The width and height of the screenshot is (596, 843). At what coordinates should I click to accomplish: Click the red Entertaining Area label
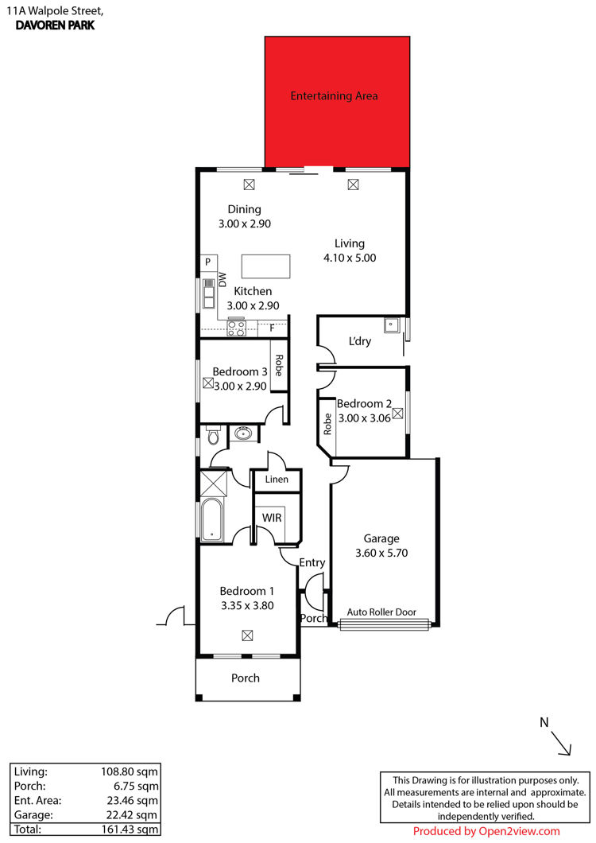point(334,95)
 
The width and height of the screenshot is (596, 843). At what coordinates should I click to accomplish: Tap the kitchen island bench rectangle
point(265,266)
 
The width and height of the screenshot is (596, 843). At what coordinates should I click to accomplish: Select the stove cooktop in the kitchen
point(237,328)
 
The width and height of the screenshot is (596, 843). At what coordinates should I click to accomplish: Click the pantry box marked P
point(208,262)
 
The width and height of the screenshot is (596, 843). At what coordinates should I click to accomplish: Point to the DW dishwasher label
point(223,280)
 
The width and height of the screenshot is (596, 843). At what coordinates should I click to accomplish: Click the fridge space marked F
point(272,328)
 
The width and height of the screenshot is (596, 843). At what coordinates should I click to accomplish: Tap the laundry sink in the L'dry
point(391,324)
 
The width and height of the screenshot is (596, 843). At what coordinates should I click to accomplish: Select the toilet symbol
point(213,436)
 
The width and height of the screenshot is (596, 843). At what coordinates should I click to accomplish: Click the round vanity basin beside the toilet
point(243,433)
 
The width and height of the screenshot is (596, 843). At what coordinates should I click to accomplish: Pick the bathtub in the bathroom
point(212,519)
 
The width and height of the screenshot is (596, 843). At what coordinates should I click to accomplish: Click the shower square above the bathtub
point(214,483)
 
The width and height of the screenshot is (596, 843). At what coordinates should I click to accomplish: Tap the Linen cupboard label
point(277,479)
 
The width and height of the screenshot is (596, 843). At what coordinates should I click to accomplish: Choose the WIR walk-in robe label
point(272,518)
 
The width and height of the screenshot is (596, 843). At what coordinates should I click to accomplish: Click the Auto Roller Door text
point(381,612)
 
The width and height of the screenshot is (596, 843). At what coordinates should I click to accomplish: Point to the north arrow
point(561,744)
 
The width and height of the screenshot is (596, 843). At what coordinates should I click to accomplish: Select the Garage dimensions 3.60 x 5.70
point(381,553)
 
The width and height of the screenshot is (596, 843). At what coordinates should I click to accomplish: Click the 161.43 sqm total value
point(130,829)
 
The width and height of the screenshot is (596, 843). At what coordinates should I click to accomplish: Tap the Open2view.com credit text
point(519,831)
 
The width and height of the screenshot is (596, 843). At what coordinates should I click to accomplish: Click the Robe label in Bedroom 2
point(327,424)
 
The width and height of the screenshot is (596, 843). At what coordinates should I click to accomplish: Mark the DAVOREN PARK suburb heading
point(56,25)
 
